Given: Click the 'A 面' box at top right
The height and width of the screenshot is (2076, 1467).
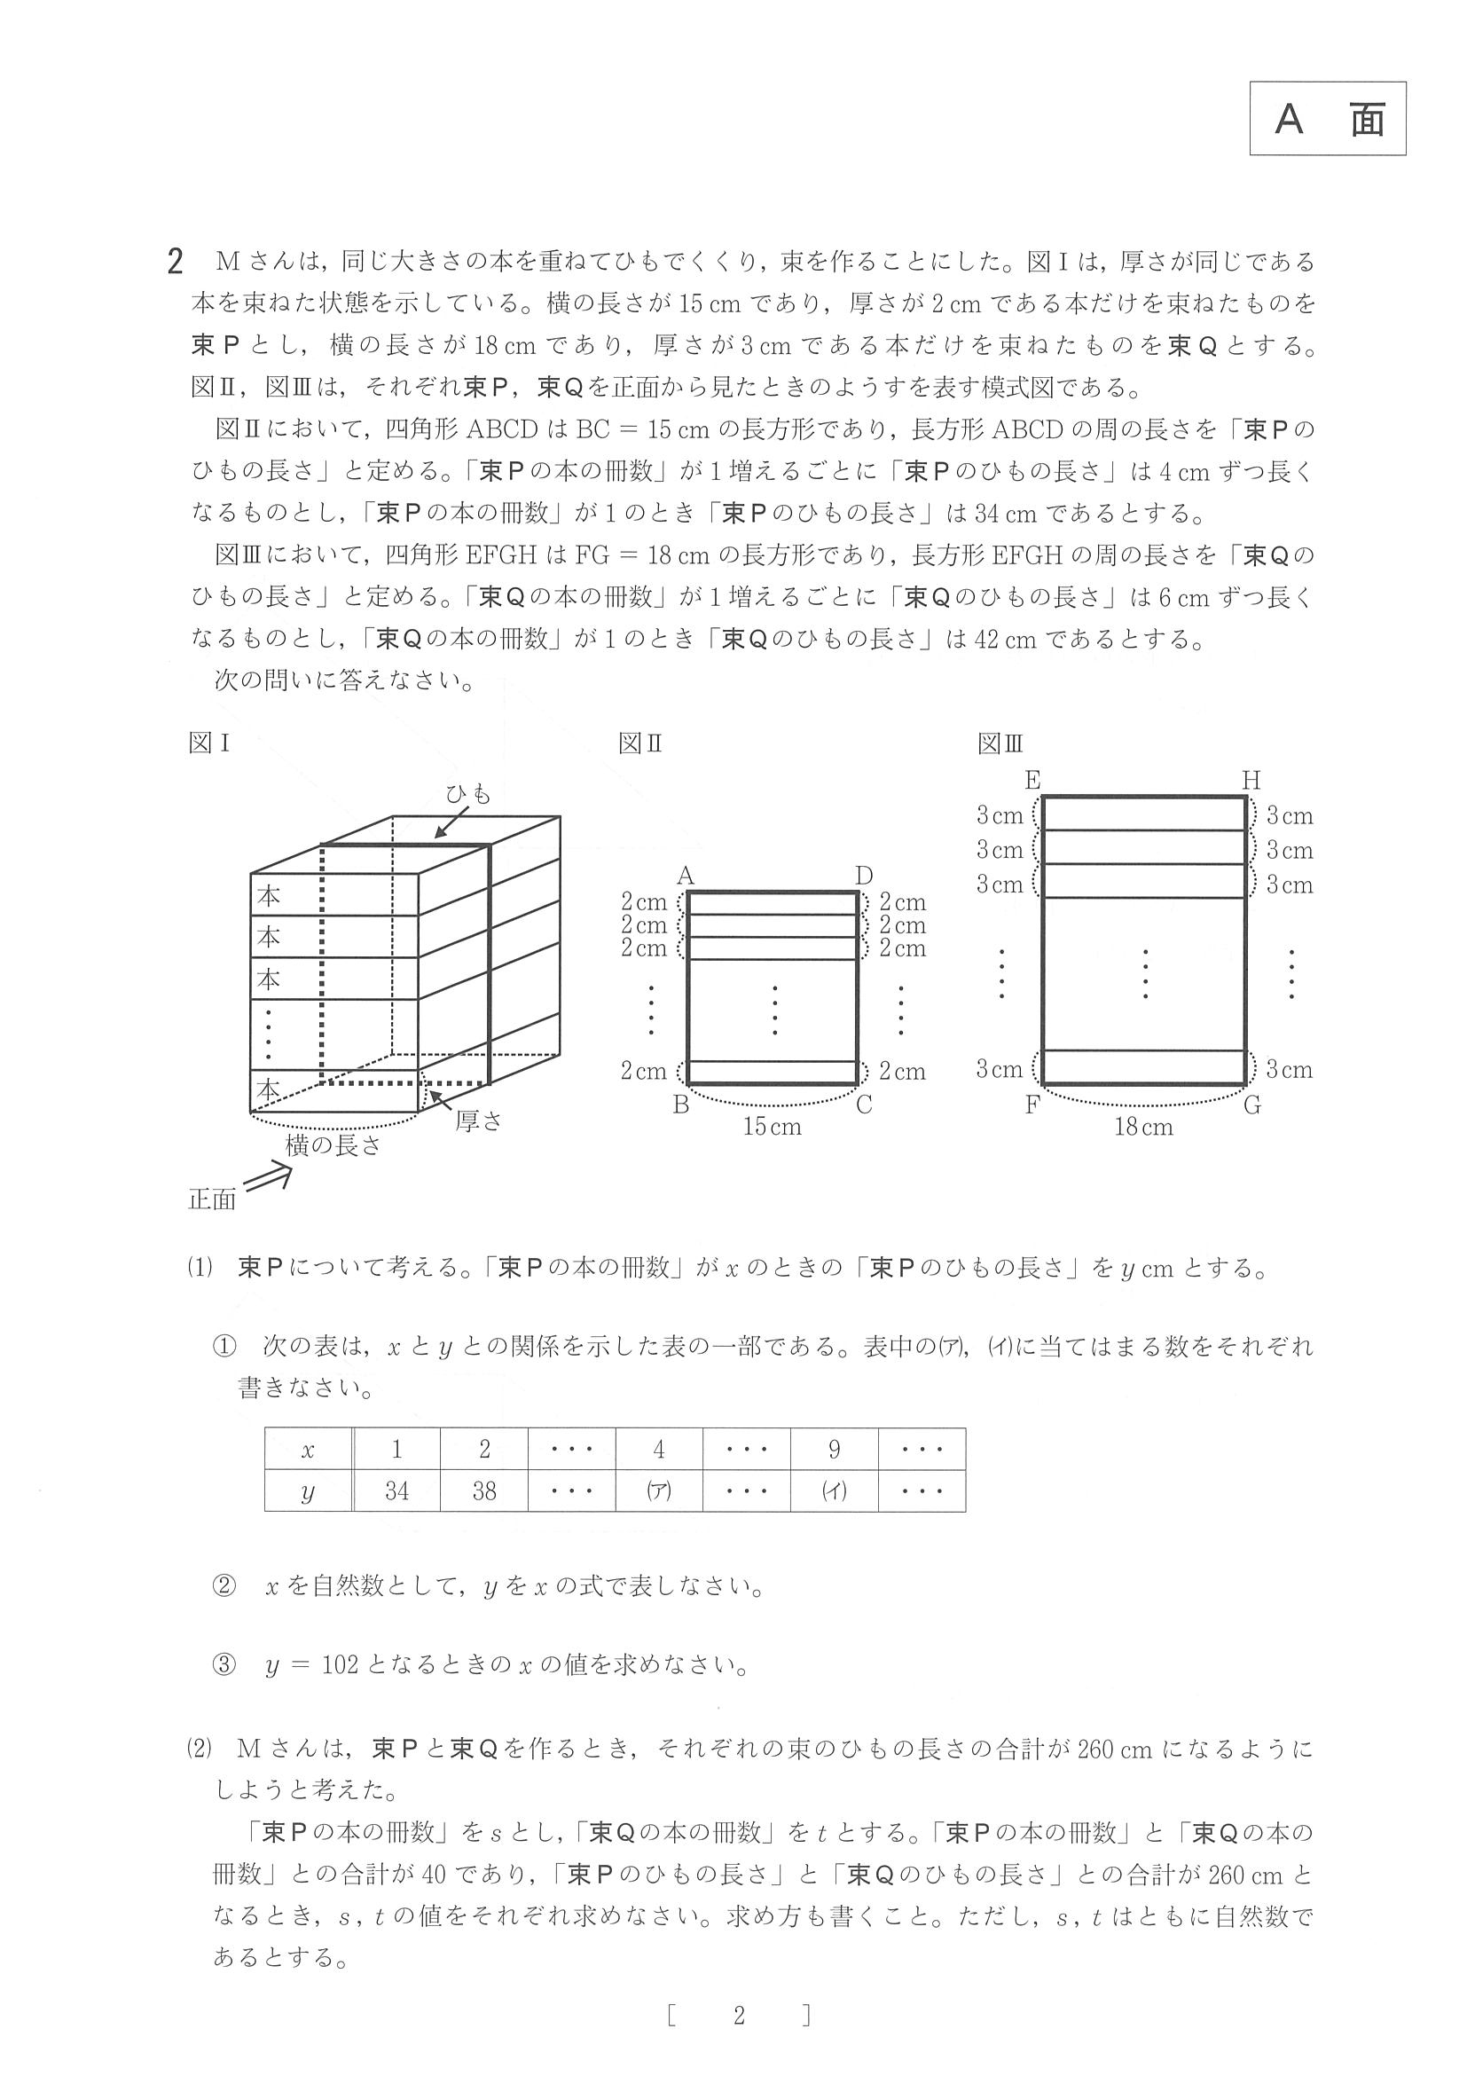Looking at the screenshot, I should pyautogui.click(x=1327, y=119).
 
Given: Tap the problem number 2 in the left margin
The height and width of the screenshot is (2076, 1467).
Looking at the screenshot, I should pyautogui.click(x=176, y=263).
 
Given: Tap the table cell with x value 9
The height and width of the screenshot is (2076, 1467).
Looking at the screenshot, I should pyautogui.click(x=834, y=1450).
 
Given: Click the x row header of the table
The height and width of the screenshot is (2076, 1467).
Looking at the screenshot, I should pyautogui.click(x=307, y=1450).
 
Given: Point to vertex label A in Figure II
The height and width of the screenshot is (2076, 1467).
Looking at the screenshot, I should pyautogui.click(x=685, y=876).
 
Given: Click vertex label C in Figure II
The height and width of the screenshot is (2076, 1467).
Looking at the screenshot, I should pyautogui.click(x=864, y=1105).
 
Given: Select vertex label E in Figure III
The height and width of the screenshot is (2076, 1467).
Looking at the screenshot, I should pyautogui.click(x=1032, y=780).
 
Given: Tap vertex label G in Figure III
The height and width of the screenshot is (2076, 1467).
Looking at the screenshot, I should pyautogui.click(x=1251, y=1105).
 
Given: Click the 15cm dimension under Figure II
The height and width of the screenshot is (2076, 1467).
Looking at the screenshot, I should pyautogui.click(x=772, y=1127).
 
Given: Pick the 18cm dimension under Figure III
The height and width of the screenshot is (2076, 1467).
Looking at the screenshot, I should pyautogui.click(x=1143, y=1127).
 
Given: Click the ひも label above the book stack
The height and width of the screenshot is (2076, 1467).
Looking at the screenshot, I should pyautogui.click(x=468, y=794).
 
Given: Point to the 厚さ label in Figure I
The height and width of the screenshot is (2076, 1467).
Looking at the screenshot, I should pyautogui.click(x=478, y=1122).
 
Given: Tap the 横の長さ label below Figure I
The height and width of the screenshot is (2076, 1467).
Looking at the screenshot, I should pyautogui.click(x=333, y=1145).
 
